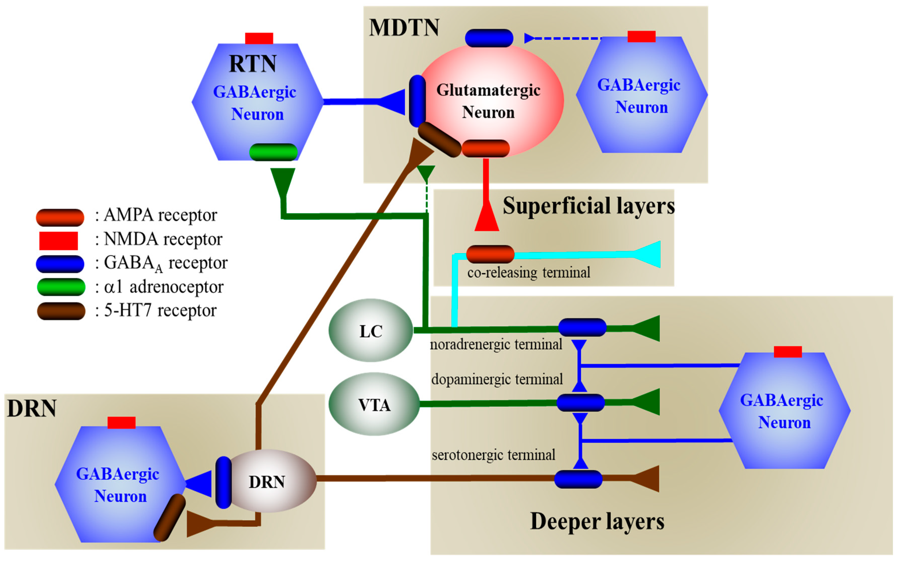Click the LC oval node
pos(371,330)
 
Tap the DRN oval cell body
pos(271,481)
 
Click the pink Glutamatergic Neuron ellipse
pos(491,100)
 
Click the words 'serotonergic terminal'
pos(493,454)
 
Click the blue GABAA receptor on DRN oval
pos(224,482)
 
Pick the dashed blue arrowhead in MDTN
pos(529,38)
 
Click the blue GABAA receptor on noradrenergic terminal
pos(582,327)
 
